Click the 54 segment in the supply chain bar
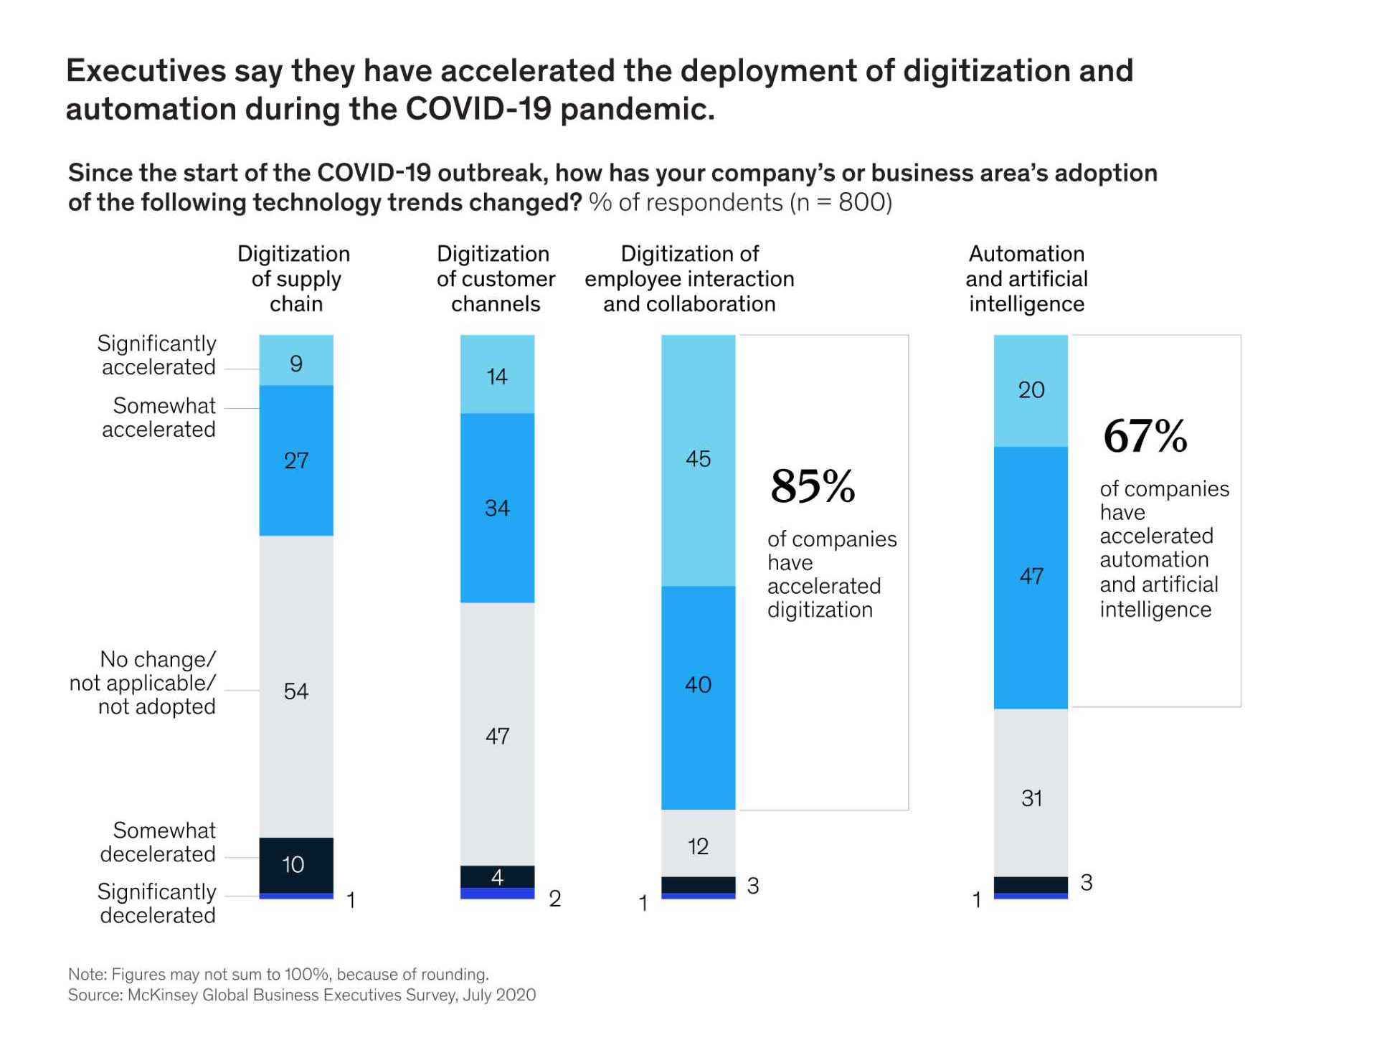point(296,686)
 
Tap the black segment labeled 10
point(296,865)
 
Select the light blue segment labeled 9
point(296,361)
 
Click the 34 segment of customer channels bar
point(497,508)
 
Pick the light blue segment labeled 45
point(698,460)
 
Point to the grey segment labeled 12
point(698,844)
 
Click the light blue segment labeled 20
point(1031,390)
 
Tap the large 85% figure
point(813,486)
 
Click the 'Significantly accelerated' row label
point(157,355)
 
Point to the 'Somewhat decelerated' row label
point(158,842)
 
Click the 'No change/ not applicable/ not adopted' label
point(143,683)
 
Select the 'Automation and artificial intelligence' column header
point(1026,279)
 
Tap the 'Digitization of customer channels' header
point(496,279)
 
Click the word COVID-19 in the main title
point(478,110)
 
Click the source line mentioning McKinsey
point(302,995)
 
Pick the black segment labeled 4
point(497,876)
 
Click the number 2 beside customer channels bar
point(554,899)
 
